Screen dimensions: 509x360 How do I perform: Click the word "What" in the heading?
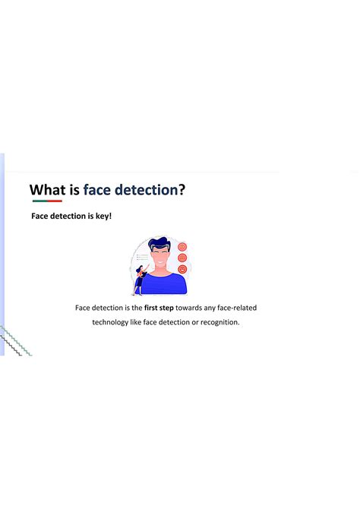[52, 189]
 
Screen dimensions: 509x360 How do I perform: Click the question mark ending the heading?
[182, 189]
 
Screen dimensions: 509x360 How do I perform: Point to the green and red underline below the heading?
[47, 202]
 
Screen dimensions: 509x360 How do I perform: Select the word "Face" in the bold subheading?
[40, 217]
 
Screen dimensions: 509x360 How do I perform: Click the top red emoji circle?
[182, 247]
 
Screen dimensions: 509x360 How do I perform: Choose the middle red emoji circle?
[182, 258]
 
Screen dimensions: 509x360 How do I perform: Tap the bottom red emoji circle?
[182, 268]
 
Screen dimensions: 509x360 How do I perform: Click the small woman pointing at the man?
[140, 279]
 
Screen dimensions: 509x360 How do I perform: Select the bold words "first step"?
[159, 308]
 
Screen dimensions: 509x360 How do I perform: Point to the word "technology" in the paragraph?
[111, 322]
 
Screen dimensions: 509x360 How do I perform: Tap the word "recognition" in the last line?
[217, 322]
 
